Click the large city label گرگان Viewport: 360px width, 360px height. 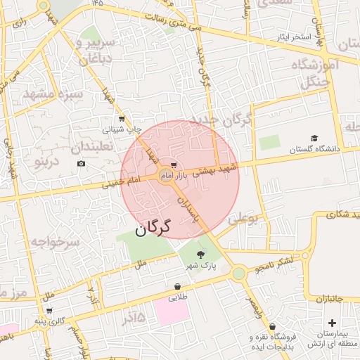[x=152, y=228]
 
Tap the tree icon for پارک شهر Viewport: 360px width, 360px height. [x=201, y=255]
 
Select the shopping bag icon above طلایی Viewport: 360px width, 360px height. [x=176, y=286]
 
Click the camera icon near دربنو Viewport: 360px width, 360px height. [x=81, y=164]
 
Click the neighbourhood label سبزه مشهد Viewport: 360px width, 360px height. [x=53, y=94]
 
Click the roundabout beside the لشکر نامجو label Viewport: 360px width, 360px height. [x=239, y=271]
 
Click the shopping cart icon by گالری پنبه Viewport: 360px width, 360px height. [x=49, y=310]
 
